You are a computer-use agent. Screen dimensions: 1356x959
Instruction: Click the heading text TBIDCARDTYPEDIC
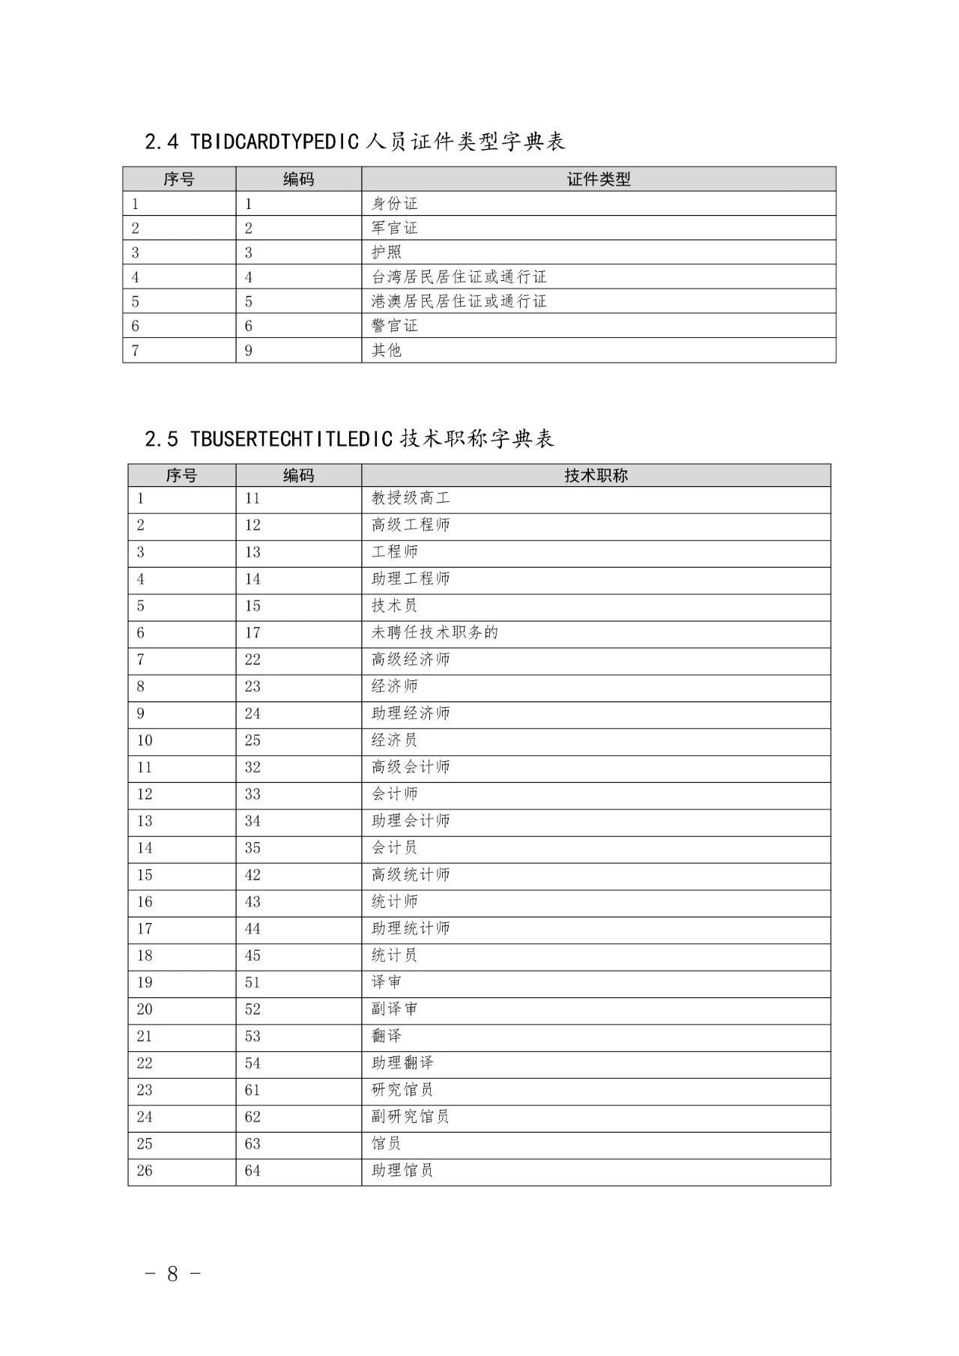[274, 142]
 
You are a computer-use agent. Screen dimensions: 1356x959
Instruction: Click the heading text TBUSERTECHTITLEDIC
[291, 439]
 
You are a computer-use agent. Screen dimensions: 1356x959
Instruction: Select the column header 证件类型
[598, 179]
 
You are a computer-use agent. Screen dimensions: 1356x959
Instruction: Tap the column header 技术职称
[596, 475]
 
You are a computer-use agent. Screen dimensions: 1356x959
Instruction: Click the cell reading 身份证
[395, 204]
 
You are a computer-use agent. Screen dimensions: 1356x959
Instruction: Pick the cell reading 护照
[387, 252]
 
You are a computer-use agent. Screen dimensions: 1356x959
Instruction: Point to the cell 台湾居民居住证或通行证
[459, 277]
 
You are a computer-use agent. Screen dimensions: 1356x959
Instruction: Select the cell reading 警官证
[395, 326]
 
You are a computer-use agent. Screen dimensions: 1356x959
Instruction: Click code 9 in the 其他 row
[249, 351]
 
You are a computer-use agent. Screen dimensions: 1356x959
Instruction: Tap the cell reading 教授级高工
[411, 498]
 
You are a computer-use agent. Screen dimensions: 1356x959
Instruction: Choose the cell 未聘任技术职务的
[435, 633]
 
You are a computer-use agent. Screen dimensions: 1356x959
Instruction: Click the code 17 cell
[252, 633]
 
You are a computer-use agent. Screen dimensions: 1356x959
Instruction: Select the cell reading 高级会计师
[411, 767]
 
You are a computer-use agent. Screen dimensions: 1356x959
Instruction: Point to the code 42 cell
[252, 875]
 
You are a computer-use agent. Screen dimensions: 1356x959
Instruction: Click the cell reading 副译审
[395, 1009]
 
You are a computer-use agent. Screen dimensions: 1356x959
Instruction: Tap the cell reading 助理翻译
[402, 1063]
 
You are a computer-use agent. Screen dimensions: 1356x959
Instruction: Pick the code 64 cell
[252, 1171]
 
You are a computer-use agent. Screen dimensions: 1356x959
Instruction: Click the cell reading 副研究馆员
[411, 1117]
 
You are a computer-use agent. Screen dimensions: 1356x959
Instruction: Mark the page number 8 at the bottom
[172, 1274]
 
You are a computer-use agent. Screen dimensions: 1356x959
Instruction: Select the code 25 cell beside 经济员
[252, 740]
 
